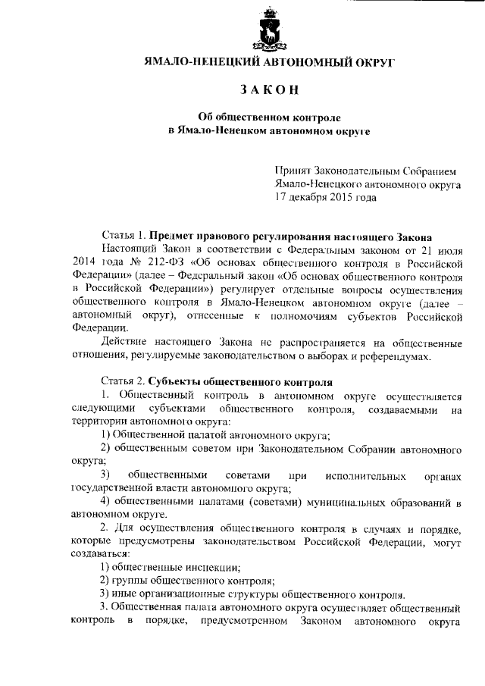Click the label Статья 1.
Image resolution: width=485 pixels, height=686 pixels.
pyautogui.click(x=124, y=236)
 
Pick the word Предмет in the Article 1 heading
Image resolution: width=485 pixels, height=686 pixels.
pyautogui.click(x=174, y=236)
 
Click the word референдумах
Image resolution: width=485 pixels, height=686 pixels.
pyautogui.click(x=398, y=356)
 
